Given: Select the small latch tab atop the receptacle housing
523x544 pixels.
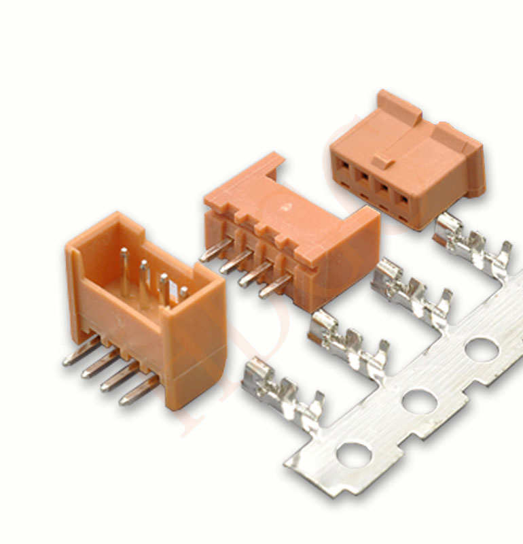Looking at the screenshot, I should click(382, 162).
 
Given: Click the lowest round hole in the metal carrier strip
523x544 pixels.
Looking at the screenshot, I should click(354, 455).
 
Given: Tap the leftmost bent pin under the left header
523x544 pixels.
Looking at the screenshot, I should click(80, 352).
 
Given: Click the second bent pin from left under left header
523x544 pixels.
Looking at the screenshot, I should click(99, 363).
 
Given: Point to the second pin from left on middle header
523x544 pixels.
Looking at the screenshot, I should click(234, 261).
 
